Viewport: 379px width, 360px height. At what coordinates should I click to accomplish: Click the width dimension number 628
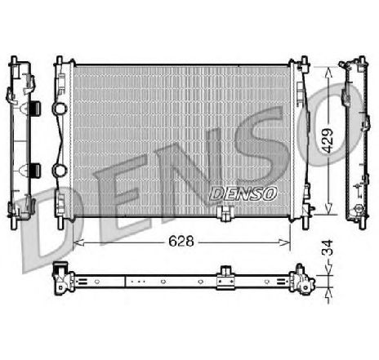tap(181, 242)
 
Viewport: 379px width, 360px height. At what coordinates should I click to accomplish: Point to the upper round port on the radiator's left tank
tap(58, 109)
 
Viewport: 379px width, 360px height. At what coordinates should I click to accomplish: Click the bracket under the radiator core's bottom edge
tap(225, 215)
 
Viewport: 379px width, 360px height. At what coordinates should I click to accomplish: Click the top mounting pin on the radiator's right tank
tap(304, 59)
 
